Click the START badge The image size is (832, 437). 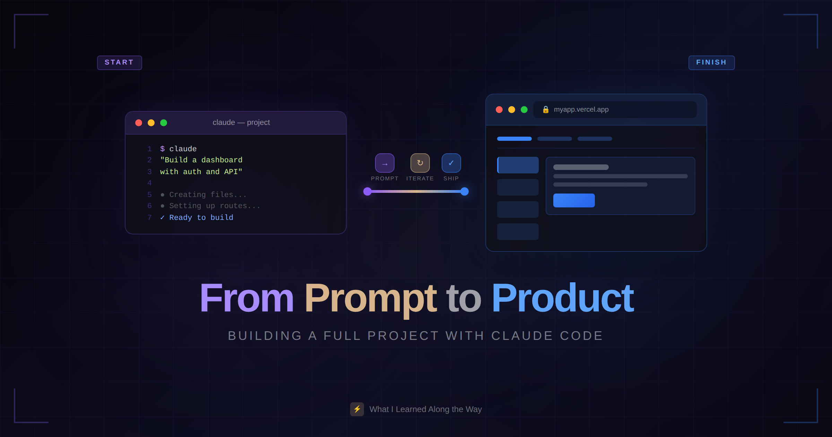tap(119, 62)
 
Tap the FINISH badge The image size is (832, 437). tap(711, 62)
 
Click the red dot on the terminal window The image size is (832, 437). tap(139, 123)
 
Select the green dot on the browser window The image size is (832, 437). tap(524, 110)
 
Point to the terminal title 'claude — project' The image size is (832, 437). tap(241, 122)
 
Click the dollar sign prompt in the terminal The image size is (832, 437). tap(162, 149)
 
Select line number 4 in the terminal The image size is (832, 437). tap(149, 183)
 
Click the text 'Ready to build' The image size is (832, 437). tap(201, 217)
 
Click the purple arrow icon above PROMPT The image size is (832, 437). tap(385, 163)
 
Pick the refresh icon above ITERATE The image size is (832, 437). tap(420, 163)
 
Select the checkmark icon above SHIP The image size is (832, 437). tap(451, 163)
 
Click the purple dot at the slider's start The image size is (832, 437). tap(367, 191)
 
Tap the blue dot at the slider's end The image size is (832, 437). tap(465, 191)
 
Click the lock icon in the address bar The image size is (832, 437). tap(546, 110)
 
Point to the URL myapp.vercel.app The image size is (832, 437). tap(581, 110)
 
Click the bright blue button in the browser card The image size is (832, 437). tap(574, 200)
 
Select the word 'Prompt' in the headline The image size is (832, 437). tap(370, 298)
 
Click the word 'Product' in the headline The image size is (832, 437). tap(562, 298)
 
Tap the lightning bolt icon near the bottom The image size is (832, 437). tap(357, 409)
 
